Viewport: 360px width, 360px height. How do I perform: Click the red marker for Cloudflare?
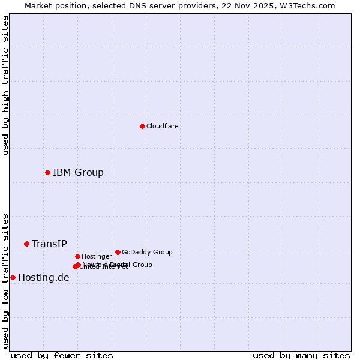click(142, 126)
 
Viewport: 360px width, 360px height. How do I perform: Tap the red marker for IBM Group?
click(47, 172)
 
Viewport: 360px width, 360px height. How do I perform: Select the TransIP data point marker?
click(26, 244)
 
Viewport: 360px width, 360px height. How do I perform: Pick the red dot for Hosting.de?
click(13, 277)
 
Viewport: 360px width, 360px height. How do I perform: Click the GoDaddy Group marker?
click(118, 252)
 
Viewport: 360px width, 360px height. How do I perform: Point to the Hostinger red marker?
click(77, 256)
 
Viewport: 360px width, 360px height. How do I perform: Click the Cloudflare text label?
click(162, 126)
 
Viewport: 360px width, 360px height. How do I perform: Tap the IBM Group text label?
click(78, 172)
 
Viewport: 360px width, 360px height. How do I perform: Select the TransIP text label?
click(49, 244)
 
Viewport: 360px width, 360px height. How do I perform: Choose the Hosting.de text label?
click(43, 277)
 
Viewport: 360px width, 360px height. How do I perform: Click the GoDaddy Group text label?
click(147, 252)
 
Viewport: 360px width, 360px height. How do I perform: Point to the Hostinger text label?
click(97, 256)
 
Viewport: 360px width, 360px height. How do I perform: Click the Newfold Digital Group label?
click(118, 264)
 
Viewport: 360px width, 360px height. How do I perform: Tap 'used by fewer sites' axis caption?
click(62, 355)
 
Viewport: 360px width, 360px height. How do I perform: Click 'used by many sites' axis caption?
click(301, 355)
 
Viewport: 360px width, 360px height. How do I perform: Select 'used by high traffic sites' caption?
click(5, 85)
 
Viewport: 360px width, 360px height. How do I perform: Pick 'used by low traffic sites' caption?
click(5, 281)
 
